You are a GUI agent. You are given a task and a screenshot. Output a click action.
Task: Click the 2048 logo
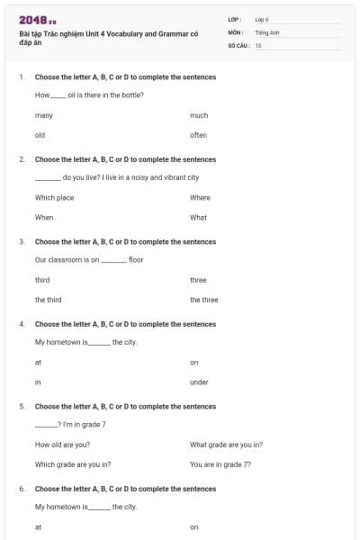click(37, 19)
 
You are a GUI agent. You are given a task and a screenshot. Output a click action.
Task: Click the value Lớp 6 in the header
click(262, 19)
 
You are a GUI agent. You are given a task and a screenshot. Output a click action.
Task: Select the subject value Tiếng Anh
click(266, 31)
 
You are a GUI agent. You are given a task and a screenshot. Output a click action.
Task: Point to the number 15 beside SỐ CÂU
click(258, 44)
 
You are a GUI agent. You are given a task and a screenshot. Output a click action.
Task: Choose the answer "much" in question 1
click(199, 115)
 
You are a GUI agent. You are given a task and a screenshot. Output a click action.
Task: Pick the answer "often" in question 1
click(198, 135)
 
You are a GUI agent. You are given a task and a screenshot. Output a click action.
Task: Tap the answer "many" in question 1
click(44, 115)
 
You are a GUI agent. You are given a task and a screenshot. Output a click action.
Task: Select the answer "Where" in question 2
click(200, 197)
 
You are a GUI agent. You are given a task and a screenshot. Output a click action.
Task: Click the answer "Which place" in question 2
click(54, 197)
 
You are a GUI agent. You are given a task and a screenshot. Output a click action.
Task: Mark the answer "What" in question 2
click(198, 217)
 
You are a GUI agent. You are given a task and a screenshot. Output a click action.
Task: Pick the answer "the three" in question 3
click(203, 300)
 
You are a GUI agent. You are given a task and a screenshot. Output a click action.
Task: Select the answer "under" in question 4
click(199, 382)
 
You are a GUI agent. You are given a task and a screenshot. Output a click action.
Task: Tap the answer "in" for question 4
click(38, 382)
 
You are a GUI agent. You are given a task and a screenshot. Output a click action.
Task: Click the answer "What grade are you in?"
click(226, 445)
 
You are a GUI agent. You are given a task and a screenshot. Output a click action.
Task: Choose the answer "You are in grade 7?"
click(220, 464)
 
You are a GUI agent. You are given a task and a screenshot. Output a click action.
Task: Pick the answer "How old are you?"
click(62, 445)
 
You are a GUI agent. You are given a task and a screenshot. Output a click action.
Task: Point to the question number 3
click(22, 241)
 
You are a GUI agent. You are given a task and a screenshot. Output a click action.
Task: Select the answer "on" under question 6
click(193, 526)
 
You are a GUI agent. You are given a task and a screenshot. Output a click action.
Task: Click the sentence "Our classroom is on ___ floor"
click(89, 260)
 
